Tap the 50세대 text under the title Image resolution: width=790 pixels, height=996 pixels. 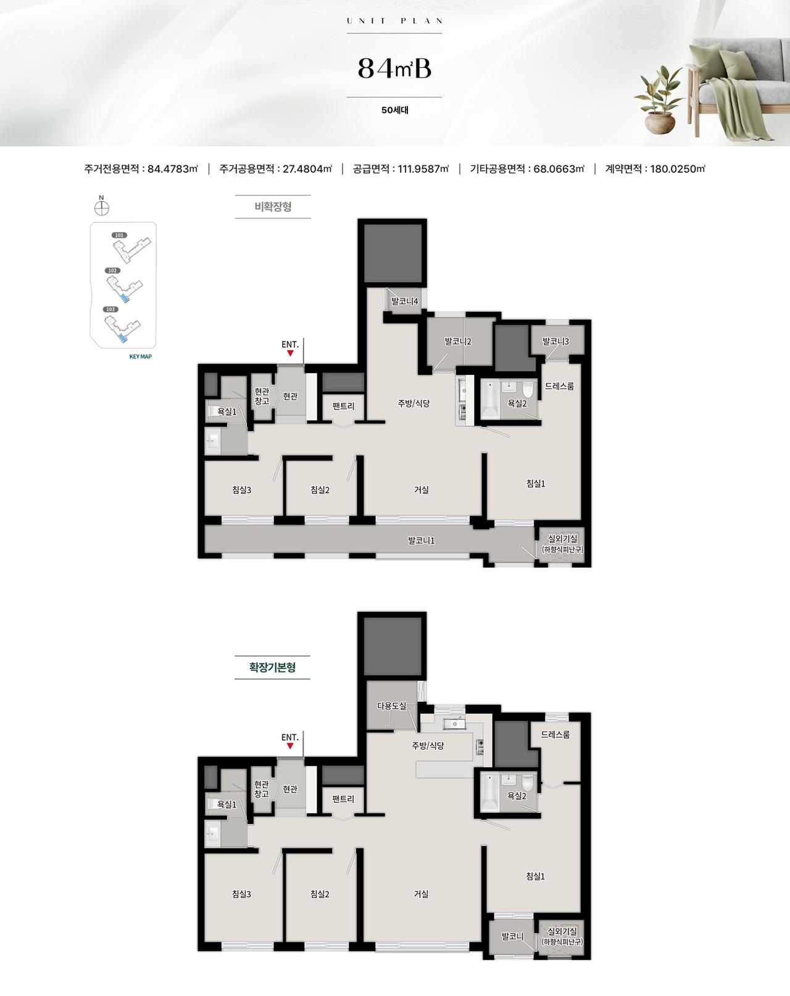click(x=395, y=110)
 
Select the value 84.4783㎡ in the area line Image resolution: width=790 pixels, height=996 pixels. click(x=173, y=169)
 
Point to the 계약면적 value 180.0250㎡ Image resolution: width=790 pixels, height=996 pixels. click(x=678, y=169)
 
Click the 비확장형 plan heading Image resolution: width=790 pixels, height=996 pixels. click(x=273, y=207)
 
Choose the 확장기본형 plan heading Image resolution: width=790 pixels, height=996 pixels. click(x=272, y=667)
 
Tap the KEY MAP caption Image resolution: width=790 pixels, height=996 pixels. click(x=140, y=356)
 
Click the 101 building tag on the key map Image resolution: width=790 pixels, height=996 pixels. click(x=120, y=235)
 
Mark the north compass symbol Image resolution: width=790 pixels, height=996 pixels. click(x=101, y=208)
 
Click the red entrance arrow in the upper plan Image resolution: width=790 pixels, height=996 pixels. click(x=290, y=353)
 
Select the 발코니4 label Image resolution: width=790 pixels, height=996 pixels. click(x=404, y=302)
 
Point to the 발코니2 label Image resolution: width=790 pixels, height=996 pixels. click(x=458, y=342)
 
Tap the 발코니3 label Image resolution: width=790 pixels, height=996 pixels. click(x=555, y=342)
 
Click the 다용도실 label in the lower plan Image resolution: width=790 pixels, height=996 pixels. click(x=391, y=706)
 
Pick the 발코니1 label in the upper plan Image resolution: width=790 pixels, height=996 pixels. click(x=421, y=541)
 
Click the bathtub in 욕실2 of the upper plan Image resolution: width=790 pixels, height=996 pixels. click(x=490, y=400)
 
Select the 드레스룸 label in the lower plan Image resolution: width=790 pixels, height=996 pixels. click(x=555, y=735)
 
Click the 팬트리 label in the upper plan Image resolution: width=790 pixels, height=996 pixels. click(x=343, y=406)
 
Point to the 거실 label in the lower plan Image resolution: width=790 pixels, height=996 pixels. click(x=421, y=894)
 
